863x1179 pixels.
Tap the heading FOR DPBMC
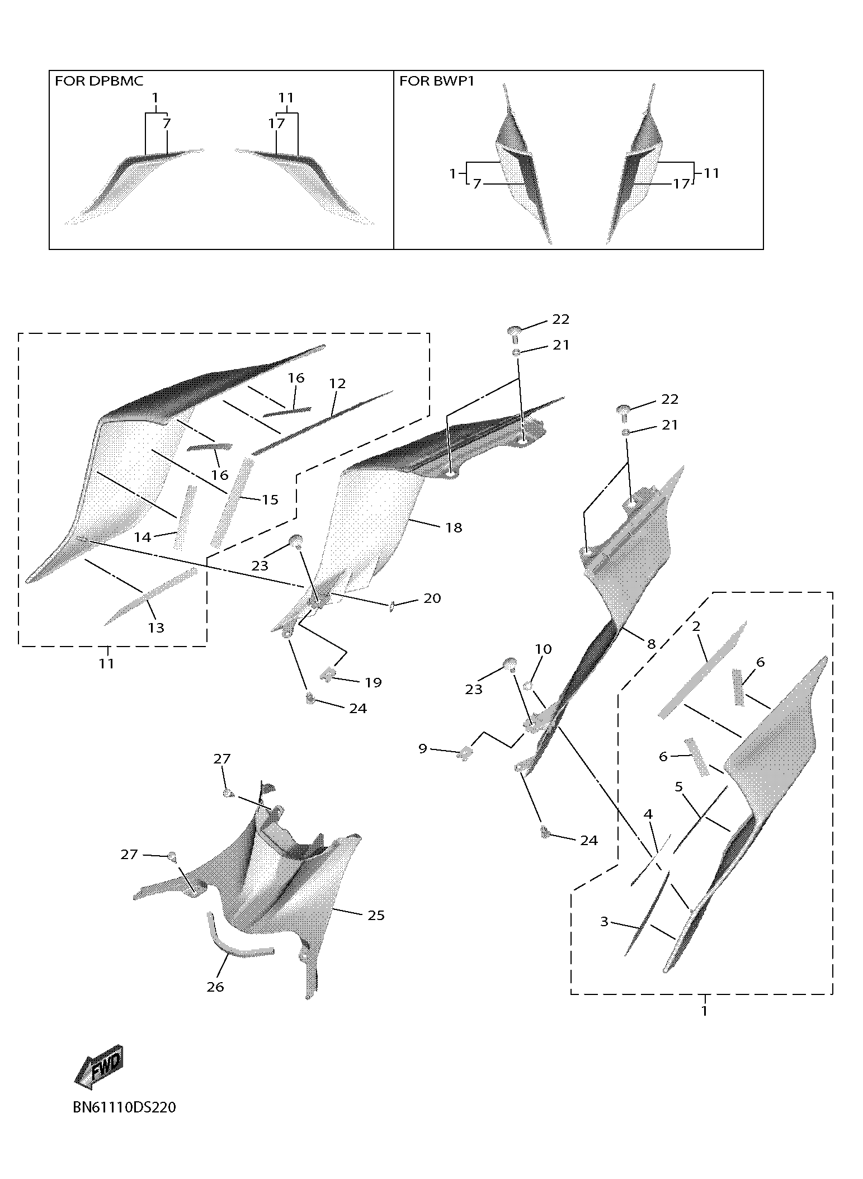pyautogui.click(x=99, y=81)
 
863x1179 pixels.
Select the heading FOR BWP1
pyautogui.click(x=437, y=81)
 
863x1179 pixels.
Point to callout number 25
pyautogui.click(x=376, y=915)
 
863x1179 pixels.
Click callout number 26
pyautogui.click(x=215, y=987)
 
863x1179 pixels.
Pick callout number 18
pyautogui.click(x=454, y=527)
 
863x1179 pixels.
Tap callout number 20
pyautogui.click(x=432, y=598)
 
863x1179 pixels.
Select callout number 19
pyautogui.click(x=373, y=682)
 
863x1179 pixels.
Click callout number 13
pyautogui.click(x=156, y=628)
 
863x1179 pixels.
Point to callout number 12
pyautogui.click(x=337, y=384)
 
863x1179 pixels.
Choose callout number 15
pyautogui.click(x=270, y=499)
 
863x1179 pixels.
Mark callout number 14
pyautogui.click(x=143, y=537)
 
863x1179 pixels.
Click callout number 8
pyautogui.click(x=651, y=644)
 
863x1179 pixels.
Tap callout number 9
pyautogui.click(x=423, y=748)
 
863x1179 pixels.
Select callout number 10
pyautogui.click(x=543, y=649)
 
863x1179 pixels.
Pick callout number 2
pyautogui.click(x=696, y=626)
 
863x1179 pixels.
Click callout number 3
pyautogui.click(x=604, y=921)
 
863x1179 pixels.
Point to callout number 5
pyautogui.click(x=679, y=787)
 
